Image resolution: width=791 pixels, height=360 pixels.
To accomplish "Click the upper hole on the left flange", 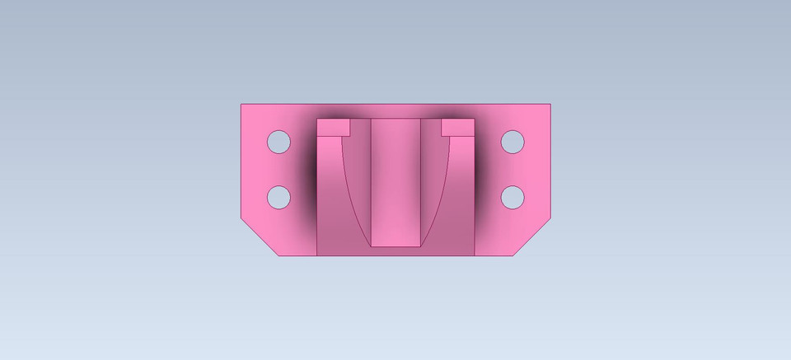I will [279, 142].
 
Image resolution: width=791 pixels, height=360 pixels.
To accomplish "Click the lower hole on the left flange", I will [279, 197].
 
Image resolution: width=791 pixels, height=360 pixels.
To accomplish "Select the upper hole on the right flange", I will [513, 142].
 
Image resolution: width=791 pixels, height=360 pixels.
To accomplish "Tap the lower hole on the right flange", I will [513, 197].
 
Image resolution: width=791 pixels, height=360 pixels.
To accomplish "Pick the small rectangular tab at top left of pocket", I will [334, 127].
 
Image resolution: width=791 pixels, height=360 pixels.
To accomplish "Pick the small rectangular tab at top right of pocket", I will [458, 127].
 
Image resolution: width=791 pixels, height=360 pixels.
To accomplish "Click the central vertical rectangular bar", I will [395, 181].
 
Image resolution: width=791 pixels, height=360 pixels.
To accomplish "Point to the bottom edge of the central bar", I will [395, 245].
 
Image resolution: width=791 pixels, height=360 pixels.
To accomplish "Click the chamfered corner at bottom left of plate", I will [260, 239].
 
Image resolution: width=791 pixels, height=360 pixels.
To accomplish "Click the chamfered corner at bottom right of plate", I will [531, 239].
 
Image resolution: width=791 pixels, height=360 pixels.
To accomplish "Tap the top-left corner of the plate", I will [241, 104].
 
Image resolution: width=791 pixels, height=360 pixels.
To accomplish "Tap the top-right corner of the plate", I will [550, 104].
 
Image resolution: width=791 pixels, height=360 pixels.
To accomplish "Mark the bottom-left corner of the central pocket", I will [317, 255].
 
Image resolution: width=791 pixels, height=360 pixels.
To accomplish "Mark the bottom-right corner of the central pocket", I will [475, 255].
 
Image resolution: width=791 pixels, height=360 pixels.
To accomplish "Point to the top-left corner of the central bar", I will [371, 119].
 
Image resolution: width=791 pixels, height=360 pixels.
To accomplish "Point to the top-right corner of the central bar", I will [421, 119].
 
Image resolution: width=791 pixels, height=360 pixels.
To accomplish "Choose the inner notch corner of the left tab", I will [350, 135].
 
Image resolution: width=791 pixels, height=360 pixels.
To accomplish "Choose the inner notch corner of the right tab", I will [442, 135].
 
